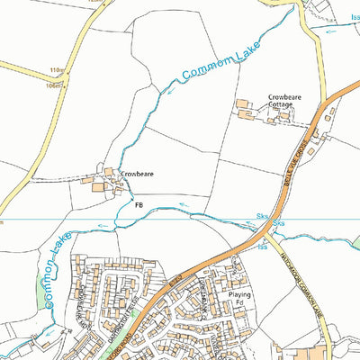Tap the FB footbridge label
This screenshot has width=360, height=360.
point(139,205)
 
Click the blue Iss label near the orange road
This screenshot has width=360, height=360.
point(264,246)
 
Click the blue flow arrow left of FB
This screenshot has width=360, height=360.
point(104,225)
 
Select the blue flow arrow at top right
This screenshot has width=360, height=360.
point(333,30)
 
